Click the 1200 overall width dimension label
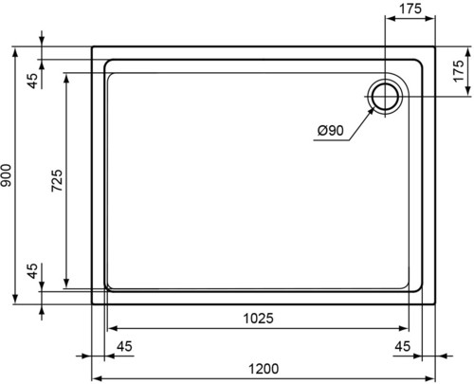(264, 369)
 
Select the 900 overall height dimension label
(6, 175)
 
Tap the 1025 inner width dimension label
(258, 319)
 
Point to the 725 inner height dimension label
(57, 181)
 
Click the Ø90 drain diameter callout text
(330, 130)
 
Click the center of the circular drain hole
(385, 97)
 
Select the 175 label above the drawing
(410, 9)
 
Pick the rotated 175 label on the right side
(459, 71)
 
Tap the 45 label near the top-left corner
(32, 81)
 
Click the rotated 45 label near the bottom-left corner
(32, 271)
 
